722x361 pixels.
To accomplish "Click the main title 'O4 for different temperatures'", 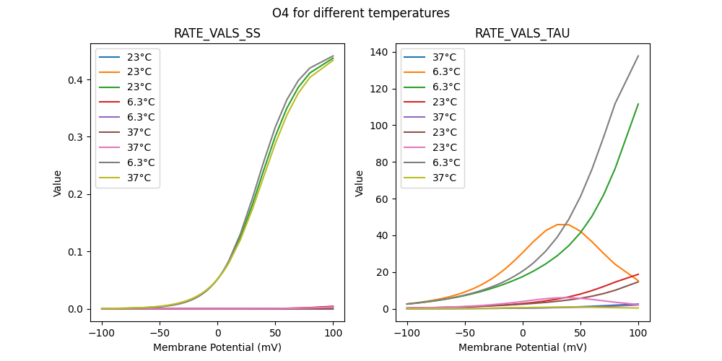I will [361, 13].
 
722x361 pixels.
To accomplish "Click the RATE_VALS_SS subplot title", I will [217, 34].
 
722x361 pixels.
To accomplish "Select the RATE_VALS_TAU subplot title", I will [523, 34].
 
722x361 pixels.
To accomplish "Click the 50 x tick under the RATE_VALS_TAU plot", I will [580, 334].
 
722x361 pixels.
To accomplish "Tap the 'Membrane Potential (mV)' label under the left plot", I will [217, 347].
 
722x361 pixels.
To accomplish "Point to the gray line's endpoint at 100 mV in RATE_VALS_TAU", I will [638, 56].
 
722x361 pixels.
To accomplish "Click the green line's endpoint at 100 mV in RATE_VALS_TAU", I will [638, 103].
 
